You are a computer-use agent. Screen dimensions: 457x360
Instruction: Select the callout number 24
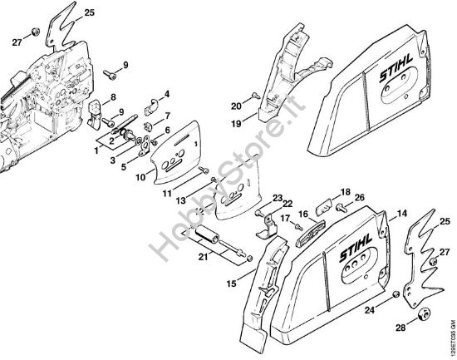370,310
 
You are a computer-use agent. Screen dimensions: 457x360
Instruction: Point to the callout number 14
402,214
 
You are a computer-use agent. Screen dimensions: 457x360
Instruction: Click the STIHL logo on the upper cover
396,68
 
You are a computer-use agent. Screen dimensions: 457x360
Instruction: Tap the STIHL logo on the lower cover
356,248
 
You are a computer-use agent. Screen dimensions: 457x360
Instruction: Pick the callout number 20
236,106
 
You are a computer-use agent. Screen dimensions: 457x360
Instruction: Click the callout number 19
236,124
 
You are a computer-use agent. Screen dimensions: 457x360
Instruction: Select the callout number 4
167,94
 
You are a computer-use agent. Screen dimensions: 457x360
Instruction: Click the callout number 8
113,97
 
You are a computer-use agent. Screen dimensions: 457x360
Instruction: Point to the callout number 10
140,177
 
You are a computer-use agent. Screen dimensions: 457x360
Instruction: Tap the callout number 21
204,257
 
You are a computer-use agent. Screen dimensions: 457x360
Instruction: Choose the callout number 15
232,284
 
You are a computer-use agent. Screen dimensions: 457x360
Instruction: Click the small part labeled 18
324,207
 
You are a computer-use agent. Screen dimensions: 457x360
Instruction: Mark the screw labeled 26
341,207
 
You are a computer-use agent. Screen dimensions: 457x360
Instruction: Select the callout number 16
303,214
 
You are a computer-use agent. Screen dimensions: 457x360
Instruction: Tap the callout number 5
124,167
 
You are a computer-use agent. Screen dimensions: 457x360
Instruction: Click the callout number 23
278,199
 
